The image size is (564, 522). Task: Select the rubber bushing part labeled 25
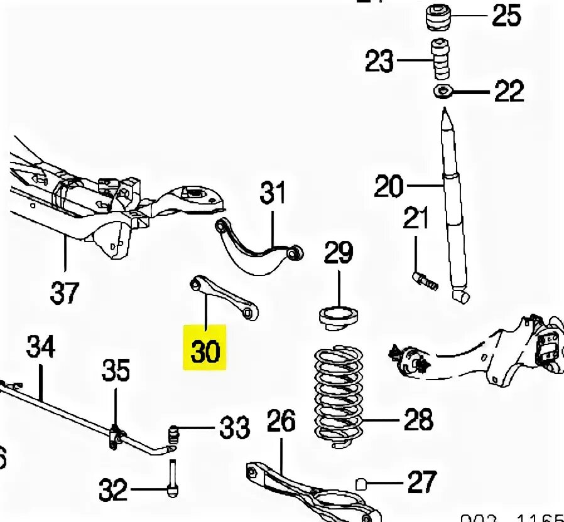[x=439, y=17]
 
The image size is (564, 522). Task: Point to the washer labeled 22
[x=442, y=92]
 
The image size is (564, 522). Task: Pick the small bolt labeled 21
[x=425, y=279]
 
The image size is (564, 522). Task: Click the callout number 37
[x=65, y=292]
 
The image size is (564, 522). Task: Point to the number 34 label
[x=41, y=347]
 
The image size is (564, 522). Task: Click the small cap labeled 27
[x=361, y=483]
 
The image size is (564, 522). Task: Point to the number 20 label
[x=389, y=186]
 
